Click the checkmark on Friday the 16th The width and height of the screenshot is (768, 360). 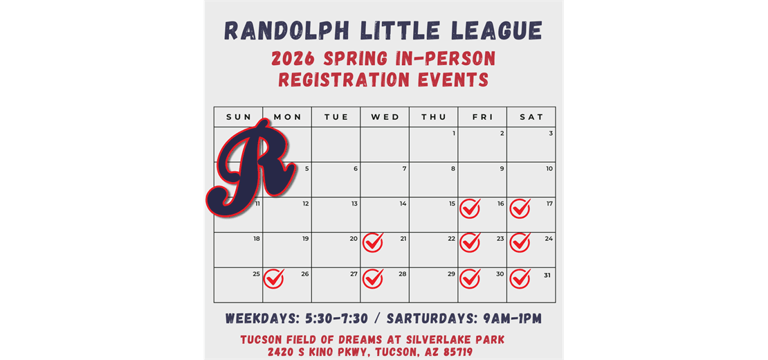click(470, 208)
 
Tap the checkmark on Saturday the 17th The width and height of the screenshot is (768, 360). click(520, 208)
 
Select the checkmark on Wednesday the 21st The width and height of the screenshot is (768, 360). click(373, 242)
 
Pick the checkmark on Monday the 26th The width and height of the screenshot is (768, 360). click(274, 278)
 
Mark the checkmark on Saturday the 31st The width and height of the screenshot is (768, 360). click(520, 278)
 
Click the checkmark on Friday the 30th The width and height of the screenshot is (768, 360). click(470, 278)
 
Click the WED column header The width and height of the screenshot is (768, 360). click(385, 117)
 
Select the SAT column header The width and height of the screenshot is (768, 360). click(531, 117)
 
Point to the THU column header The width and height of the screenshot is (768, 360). click(434, 117)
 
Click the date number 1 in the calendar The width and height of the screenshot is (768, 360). click(453, 134)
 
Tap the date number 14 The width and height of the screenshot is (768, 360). click(403, 204)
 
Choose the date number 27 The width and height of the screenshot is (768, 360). click(354, 274)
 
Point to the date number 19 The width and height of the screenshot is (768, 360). click(305, 239)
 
